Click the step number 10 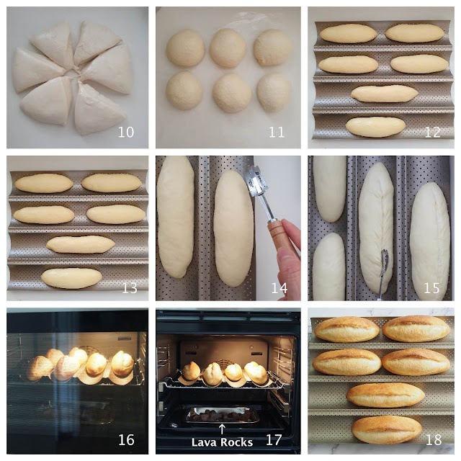coord(126,133)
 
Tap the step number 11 coord(277,133)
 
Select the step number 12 coord(432,133)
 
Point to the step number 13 coord(130,288)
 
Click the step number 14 coord(279,288)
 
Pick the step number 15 coord(431,288)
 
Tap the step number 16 coord(126,440)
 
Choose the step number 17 coord(274,440)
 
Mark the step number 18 coord(434,440)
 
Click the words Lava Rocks coord(222,442)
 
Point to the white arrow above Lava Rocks coord(222,429)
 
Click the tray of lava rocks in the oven coord(223,415)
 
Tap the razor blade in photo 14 coord(259,181)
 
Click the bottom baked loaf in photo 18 coord(386,430)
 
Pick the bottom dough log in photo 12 coord(375,127)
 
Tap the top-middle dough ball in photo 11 coord(228,48)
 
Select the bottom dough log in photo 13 coord(71,278)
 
